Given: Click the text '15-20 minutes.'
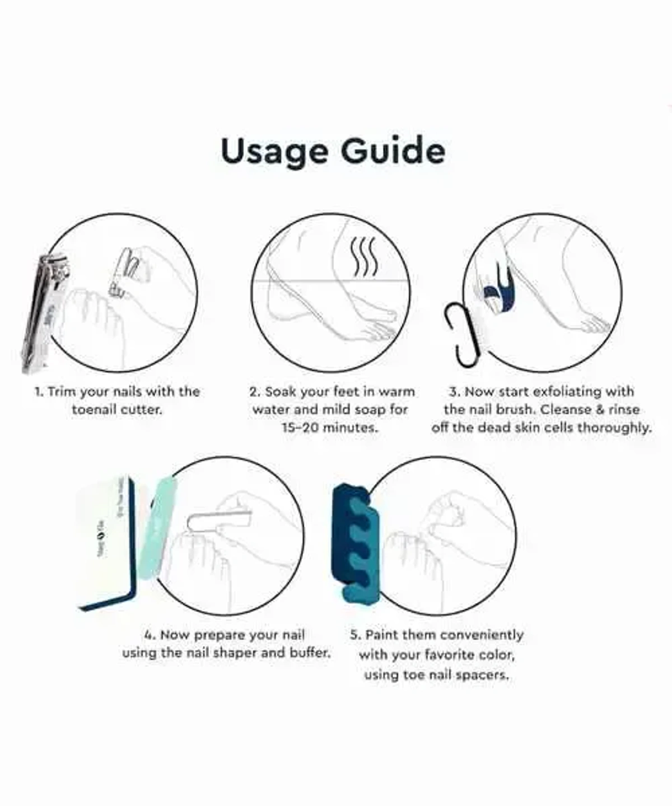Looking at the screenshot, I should pyautogui.click(x=330, y=428).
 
